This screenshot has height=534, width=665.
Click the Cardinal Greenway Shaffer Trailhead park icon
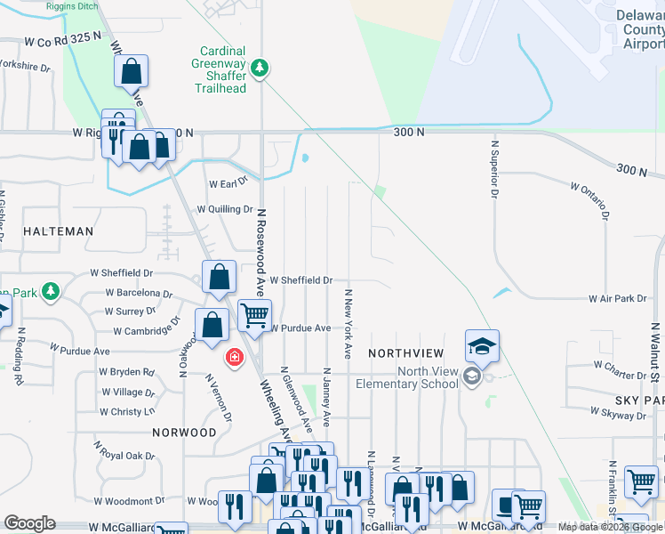[x=260, y=69]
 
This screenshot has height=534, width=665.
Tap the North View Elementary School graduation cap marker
[x=482, y=345]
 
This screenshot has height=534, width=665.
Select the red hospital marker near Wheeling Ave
[x=234, y=357]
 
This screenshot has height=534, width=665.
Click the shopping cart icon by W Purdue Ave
[x=255, y=314]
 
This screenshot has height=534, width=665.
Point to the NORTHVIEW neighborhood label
[x=405, y=353]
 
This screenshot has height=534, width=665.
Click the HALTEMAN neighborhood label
[x=58, y=231]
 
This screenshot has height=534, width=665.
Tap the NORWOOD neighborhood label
[x=184, y=433]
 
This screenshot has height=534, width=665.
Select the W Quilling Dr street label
[x=225, y=209]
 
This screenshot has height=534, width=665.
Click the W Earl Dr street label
[x=228, y=183]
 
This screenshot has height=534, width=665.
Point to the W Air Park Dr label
[x=617, y=300]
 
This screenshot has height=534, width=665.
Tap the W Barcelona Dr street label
[x=139, y=292]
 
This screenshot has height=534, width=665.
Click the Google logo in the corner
[x=29, y=523]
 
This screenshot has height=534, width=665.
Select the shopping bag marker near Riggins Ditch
[x=131, y=71]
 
